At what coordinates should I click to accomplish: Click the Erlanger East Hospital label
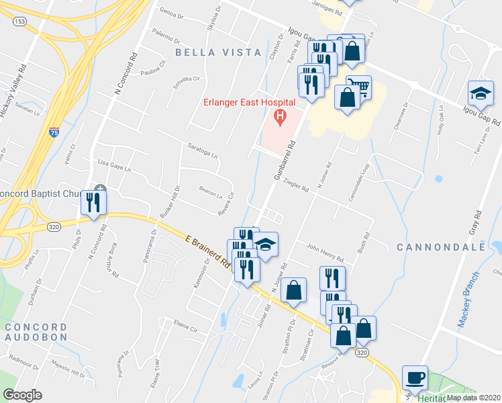(x=250, y=102)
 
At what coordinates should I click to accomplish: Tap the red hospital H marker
(x=280, y=118)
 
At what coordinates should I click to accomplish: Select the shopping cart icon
(x=359, y=87)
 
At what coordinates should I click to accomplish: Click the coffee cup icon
(x=415, y=377)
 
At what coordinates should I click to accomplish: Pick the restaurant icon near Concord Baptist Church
(x=93, y=201)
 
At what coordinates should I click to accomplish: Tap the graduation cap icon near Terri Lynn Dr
(x=481, y=93)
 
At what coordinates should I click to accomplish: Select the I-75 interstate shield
(x=53, y=132)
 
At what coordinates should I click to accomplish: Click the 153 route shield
(x=19, y=21)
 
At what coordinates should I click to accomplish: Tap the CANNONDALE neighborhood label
(x=440, y=247)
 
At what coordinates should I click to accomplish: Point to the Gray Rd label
(x=474, y=228)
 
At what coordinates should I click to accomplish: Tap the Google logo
(x=22, y=395)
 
